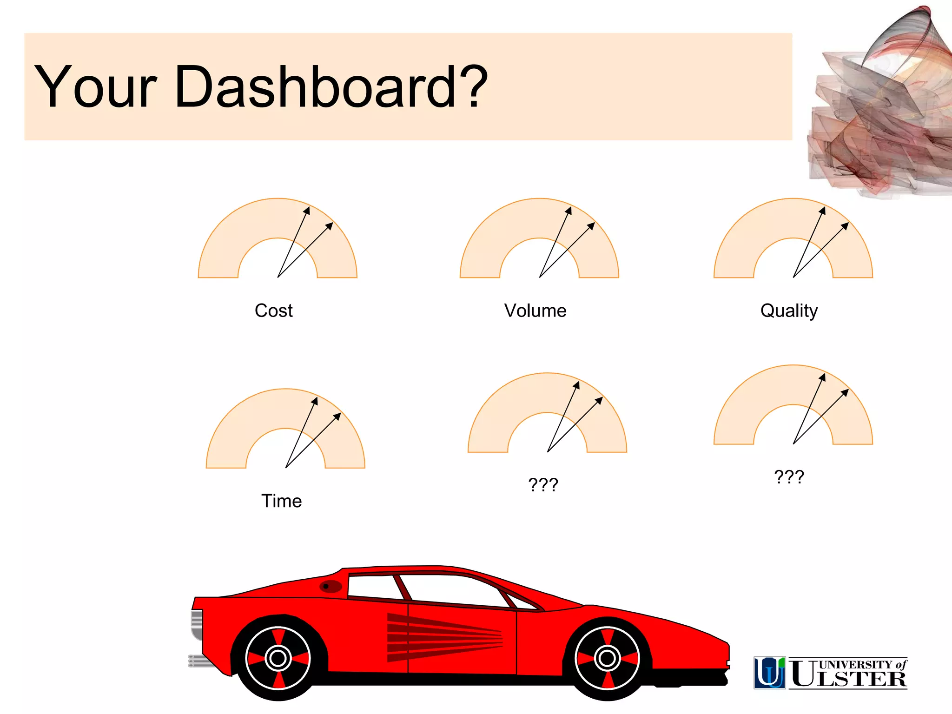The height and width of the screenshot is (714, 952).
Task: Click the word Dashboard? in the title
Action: [x=331, y=87]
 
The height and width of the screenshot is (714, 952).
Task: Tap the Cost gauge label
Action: [x=273, y=311]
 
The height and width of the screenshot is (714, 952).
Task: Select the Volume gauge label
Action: [x=535, y=311]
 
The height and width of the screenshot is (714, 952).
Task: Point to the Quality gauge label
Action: [x=789, y=311]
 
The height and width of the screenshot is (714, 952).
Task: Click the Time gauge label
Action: [x=281, y=501]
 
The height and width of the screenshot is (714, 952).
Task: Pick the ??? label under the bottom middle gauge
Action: [x=543, y=485]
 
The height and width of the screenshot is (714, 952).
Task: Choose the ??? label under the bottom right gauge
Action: [x=789, y=477]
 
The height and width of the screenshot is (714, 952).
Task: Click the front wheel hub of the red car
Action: [x=607, y=658]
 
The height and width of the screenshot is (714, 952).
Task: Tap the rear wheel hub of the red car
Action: [x=278, y=658]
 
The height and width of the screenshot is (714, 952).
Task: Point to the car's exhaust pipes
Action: [x=200, y=661]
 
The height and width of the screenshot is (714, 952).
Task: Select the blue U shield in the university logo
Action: [x=769, y=672]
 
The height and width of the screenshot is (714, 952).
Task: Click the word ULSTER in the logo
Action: [x=848, y=679]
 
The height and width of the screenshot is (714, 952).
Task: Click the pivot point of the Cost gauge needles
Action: [x=278, y=277]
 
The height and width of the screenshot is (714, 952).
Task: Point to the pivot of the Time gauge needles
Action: [x=286, y=467]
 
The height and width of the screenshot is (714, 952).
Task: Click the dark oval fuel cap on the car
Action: [x=331, y=587]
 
